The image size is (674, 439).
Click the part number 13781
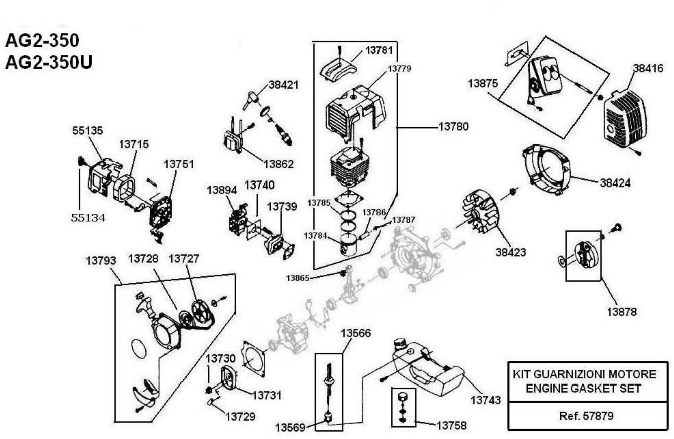click(x=379, y=51)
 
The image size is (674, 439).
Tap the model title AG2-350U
click(x=49, y=62)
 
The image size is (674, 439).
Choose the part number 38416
click(x=648, y=68)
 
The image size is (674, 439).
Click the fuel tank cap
click(x=400, y=344)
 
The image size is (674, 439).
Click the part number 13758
click(x=451, y=425)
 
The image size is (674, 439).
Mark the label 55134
click(x=88, y=218)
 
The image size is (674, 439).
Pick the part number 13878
click(x=622, y=312)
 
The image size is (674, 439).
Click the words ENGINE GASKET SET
click(x=583, y=388)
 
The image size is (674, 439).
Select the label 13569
click(x=290, y=427)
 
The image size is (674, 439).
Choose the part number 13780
click(x=453, y=127)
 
